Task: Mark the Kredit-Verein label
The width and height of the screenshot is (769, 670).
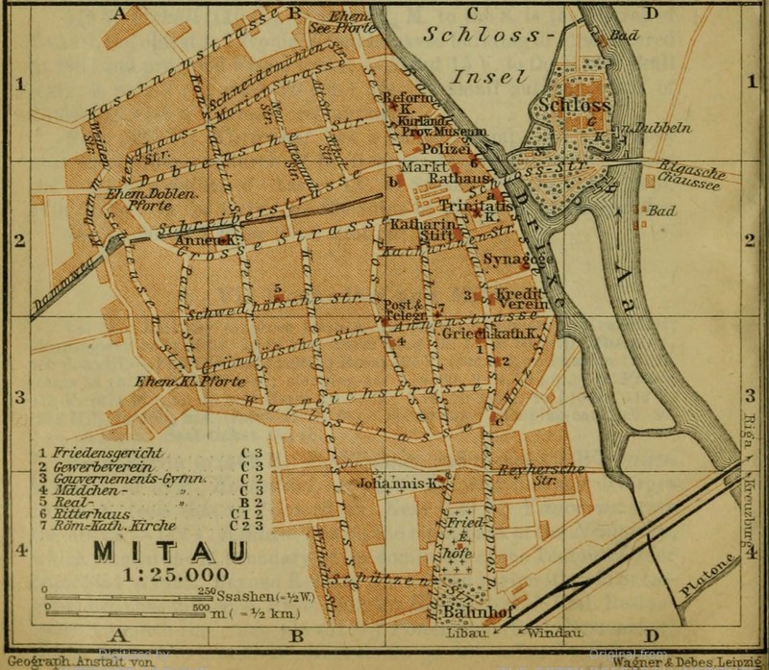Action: tap(521, 297)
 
